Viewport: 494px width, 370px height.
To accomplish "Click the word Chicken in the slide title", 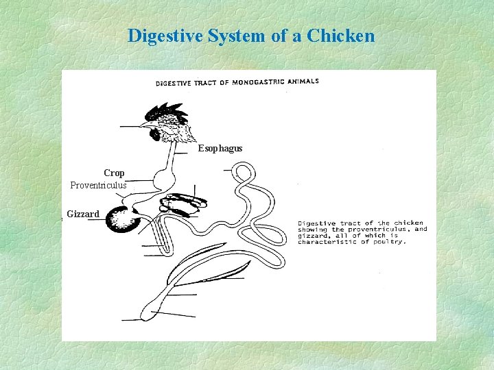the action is pyautogui.click(x=341, y=36).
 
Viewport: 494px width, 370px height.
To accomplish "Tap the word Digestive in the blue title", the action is pyautogui.click(x=162, y=36).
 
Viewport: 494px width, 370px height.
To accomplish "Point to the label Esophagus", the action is pyautogui.click(x=220, y=149).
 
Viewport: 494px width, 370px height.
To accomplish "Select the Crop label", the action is pyautogui.click(x=114, y=173).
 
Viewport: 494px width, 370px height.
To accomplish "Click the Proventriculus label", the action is pyautogui.click(x=98, y=186).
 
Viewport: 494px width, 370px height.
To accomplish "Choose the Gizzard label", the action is pyautogui.click(x=83, y=214).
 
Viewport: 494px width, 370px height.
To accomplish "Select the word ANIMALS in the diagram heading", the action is pyautogui.click(x=303, y=81).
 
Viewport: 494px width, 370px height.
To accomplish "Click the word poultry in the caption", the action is pyautogui.click(x=390, y=242).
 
